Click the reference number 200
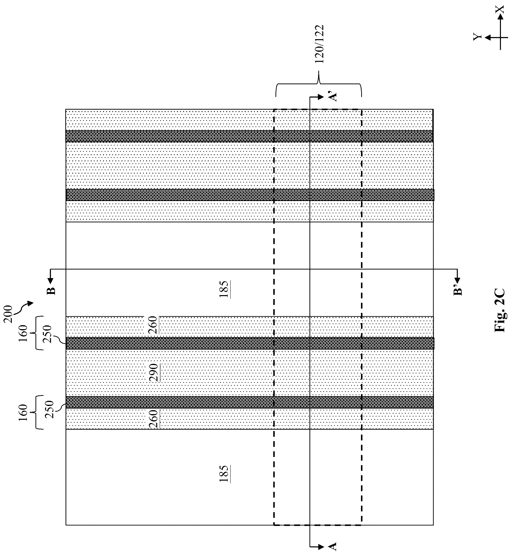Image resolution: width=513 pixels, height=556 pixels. (x=9, y=314)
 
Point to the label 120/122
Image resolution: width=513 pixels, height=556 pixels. (x=320, y=44)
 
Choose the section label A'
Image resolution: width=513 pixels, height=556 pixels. (x=333, y=96)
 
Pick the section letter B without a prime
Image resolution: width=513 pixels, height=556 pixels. (x=52, y=291)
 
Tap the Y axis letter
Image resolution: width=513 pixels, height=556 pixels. (x=477, y=37)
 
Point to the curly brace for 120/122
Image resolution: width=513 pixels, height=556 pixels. (x=318, y=84)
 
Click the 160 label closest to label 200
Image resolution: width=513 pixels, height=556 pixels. (x=23, y=333)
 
